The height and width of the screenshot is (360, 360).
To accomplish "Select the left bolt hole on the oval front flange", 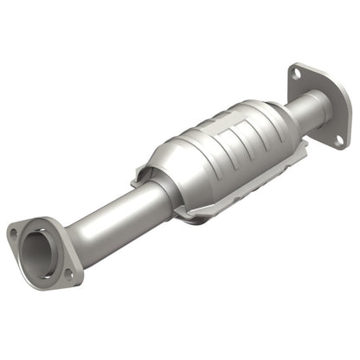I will click(14, 231).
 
